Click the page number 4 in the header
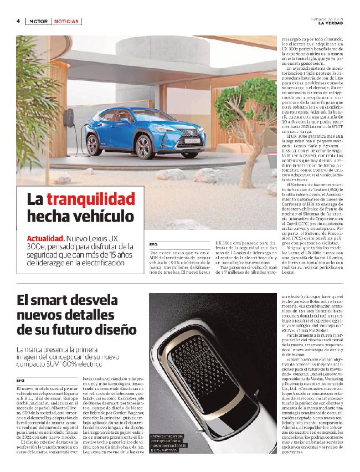[18, 21]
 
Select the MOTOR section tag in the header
[38, 21]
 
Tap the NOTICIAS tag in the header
[67, 21]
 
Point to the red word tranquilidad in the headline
[91, 199]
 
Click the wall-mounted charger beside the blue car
[69, 118]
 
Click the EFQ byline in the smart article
[20, 366]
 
